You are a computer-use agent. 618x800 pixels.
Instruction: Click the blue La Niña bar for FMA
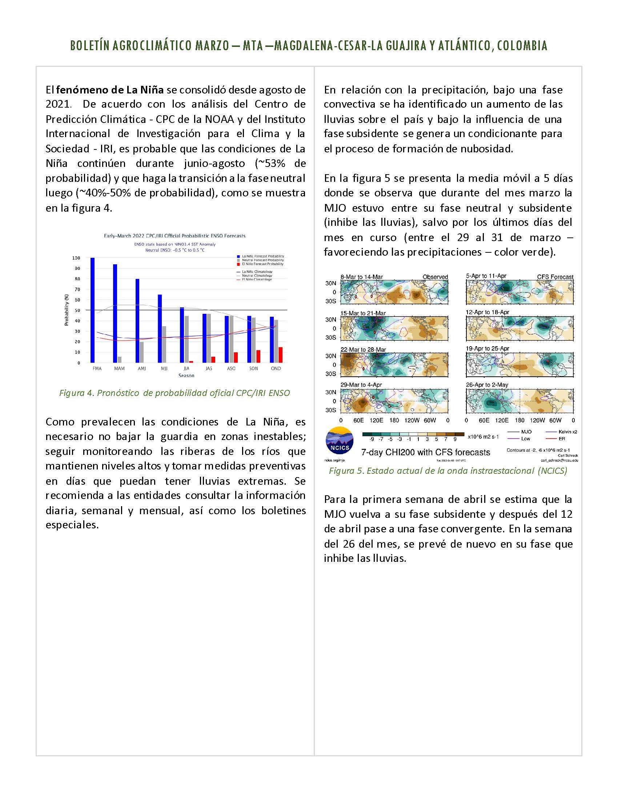pos(93,310)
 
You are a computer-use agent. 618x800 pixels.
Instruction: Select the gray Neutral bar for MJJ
pos(164,344)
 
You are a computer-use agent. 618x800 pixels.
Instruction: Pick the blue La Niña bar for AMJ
pos(137,320)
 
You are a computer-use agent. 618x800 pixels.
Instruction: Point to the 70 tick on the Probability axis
pos(77,289)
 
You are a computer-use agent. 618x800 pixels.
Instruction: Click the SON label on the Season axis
pos(253,368)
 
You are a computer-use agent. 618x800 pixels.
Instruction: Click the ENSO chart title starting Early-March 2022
pos(174,236)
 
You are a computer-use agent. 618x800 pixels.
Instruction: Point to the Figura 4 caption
pos(174,393)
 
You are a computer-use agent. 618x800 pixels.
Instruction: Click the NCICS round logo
pos(340,441)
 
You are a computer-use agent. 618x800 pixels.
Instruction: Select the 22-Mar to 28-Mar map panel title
pos(363,349)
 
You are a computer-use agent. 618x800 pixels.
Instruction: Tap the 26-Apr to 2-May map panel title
pos(487,385)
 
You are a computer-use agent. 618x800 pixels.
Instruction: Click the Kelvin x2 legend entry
pos(567,432)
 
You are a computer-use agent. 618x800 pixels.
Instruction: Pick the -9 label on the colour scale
pos(372,439)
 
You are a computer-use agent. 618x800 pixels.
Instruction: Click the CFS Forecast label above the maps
pos(555,277)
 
